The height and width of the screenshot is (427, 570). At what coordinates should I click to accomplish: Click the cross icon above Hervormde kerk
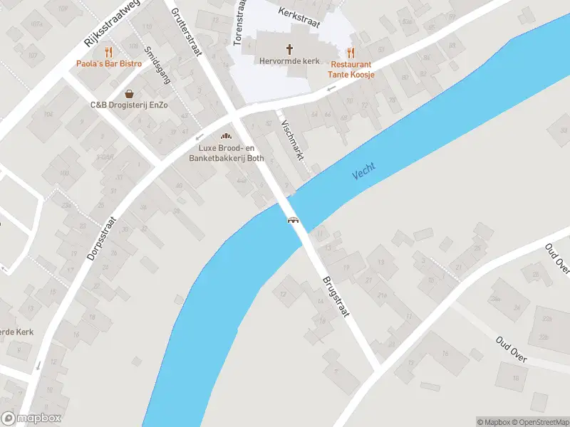(x=290, y=49)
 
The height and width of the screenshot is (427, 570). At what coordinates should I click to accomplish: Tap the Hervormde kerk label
(x=290, y=62)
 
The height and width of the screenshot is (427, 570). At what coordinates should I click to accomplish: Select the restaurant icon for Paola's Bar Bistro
(x=109, y=52)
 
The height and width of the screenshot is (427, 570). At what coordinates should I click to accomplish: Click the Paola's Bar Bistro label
(x=109, y=64)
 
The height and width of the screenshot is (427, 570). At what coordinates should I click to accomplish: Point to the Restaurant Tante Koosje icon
(x=351, y=53)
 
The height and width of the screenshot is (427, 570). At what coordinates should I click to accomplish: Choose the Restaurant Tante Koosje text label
(x=351, y=69)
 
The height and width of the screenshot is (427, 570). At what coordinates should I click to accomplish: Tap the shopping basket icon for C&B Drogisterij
(x=129, y=93)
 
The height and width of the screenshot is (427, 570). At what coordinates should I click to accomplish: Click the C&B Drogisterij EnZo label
(x=129, y=105)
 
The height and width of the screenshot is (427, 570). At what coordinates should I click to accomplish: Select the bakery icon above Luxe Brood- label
(x=227, y=136)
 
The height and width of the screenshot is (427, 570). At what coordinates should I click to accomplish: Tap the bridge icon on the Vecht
(x=292, y=220)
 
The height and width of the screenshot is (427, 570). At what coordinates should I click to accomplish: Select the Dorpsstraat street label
(x=102, y=230)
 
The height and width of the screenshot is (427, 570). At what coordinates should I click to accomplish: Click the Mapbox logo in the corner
(x=31, y=418)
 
